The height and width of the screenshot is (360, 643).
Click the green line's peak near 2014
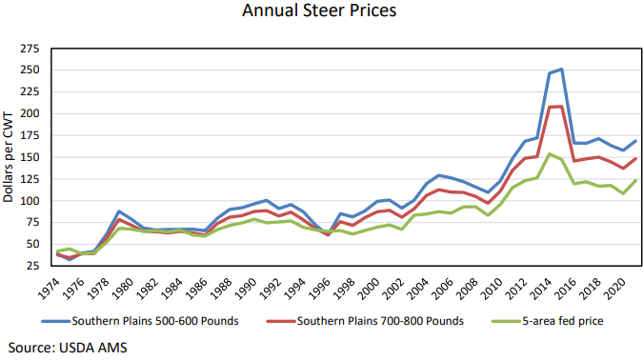[550, 153]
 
